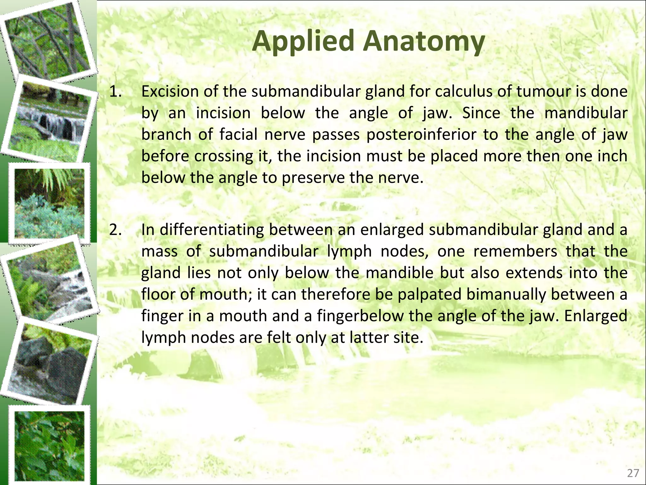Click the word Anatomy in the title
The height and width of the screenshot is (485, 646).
[x=424, y=42]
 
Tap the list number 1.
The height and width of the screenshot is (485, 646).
[x=115, y=92]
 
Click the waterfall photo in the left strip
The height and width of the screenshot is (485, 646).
[x=50, y=120]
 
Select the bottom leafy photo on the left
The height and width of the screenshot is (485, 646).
[x=50, y=445]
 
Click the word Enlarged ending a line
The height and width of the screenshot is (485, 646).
[x=596, y=316]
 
